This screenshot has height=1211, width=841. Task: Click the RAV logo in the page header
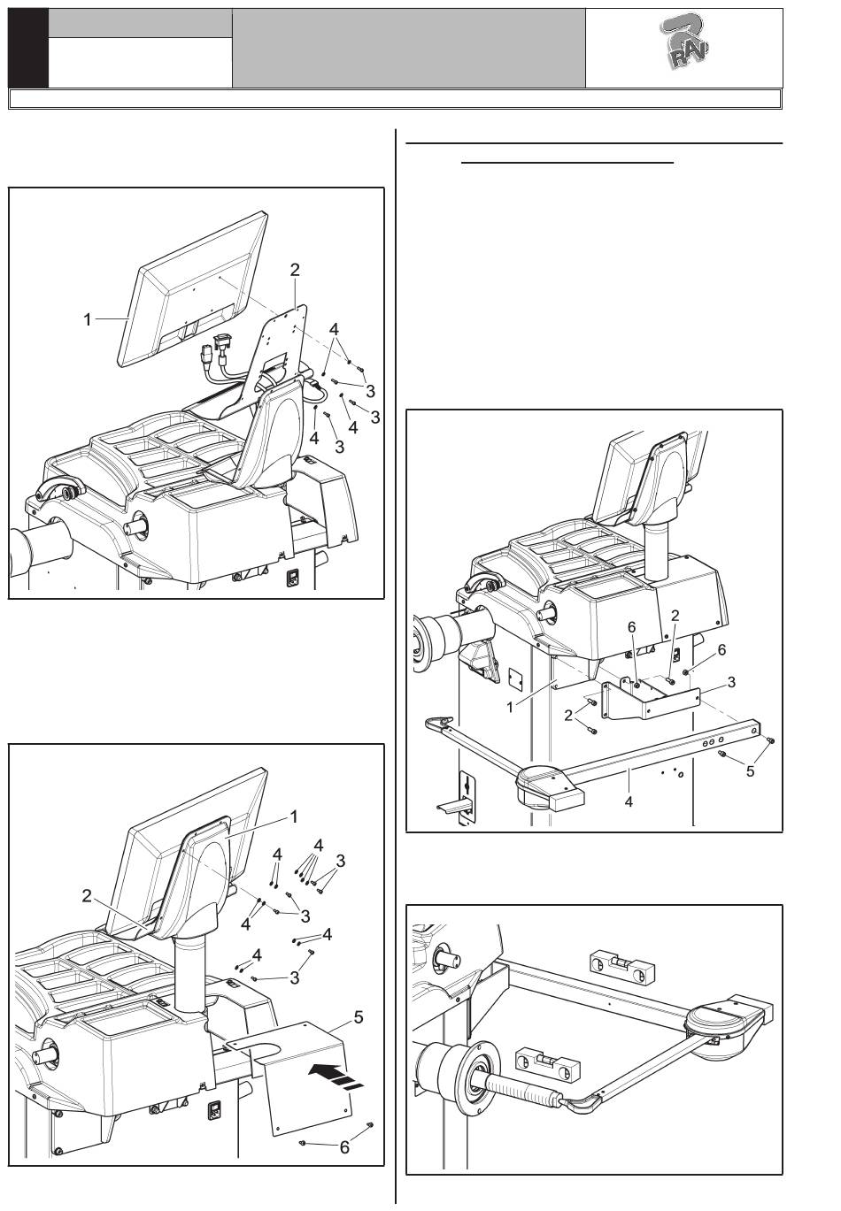(685, 48)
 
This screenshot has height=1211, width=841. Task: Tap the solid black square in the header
(28, 49)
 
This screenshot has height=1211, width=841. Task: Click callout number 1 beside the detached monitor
(88, 320)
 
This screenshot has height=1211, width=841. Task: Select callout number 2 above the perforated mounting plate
(296, 271)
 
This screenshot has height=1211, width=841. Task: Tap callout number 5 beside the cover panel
(359, 1017)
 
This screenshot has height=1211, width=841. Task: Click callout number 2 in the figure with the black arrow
(87, 896)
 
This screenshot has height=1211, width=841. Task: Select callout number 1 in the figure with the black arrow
(294, 815)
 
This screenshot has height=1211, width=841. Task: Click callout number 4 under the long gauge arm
(629, 802)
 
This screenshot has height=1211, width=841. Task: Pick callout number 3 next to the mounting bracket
(731, 682)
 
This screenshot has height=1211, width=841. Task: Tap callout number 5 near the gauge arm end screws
(751, 770)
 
